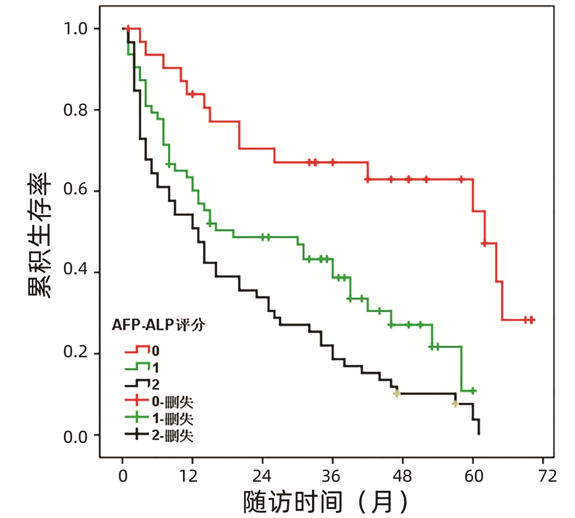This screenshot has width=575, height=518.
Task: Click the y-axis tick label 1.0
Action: point(75,29)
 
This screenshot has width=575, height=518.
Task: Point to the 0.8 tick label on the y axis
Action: point(75,110)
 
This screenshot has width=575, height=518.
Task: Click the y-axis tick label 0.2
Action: point(75,352)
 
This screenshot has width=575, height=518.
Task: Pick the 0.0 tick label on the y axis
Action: point(75,436)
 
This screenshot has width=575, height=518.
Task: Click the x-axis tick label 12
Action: point(188,476)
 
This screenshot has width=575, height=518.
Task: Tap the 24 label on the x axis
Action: point(262,476)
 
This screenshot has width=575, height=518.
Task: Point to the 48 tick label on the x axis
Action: point(402,476)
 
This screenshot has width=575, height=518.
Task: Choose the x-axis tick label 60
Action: point(474,476)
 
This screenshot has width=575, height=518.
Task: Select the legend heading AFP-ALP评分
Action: point(158,324)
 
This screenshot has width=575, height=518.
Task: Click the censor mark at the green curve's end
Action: point(473,391)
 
